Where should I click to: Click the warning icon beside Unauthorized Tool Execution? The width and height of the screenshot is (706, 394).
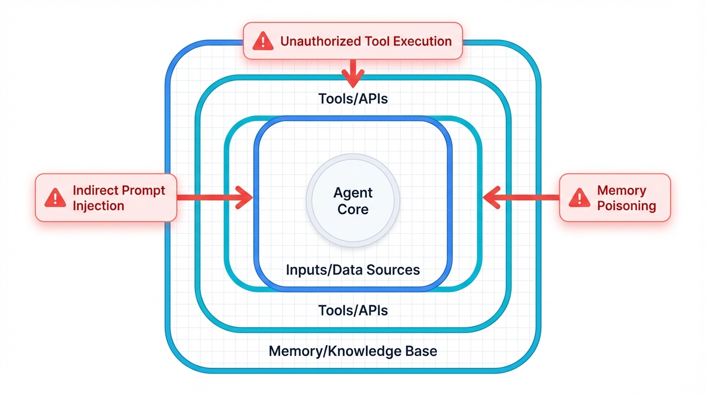point(263,41)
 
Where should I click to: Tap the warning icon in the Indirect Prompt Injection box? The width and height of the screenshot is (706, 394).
point(55,198)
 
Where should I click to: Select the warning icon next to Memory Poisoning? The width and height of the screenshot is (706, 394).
point(579,198)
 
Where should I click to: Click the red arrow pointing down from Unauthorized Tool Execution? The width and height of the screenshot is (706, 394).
point(353,74)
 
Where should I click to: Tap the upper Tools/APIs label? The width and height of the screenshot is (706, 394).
point(353,98)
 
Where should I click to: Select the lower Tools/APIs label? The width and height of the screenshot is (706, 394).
point(353,310)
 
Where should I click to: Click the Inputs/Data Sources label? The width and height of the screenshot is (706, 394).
point(353,270)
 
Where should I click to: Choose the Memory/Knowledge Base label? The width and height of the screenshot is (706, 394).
point(353,351)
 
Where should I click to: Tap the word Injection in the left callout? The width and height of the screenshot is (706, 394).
point(99,206)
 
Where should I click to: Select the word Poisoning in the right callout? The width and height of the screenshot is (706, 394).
point(626,206)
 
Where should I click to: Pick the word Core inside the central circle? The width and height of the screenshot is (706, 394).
point(353,209)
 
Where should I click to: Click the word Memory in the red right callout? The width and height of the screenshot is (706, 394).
point(621,190)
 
